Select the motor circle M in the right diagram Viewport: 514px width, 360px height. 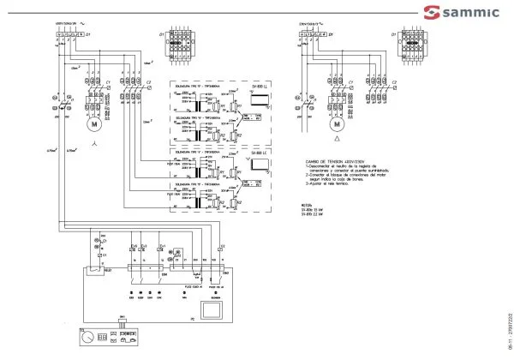(336, 123)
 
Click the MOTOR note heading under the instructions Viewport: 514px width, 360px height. (308, 205)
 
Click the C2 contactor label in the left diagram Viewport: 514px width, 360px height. (148, 83)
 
